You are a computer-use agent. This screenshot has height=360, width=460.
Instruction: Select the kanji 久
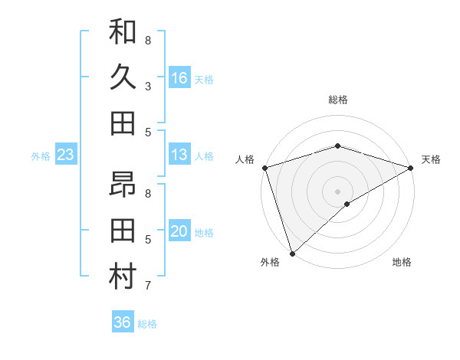123,78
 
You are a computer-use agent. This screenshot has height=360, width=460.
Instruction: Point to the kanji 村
123,277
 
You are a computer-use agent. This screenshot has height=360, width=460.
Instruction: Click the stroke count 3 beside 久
147,86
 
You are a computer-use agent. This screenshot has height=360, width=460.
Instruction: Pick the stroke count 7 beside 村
147,286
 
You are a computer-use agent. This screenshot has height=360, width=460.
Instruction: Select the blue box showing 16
179,78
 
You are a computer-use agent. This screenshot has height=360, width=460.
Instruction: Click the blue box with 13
179,155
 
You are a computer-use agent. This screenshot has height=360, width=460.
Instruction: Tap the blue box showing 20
179,231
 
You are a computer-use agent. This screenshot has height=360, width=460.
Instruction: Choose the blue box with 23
65,155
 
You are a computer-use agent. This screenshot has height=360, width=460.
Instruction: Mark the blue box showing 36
123,322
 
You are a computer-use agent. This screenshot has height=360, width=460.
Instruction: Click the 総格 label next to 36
148,324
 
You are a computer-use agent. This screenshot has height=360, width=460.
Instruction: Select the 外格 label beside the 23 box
41,156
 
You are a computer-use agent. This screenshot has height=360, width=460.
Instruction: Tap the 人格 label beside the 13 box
204,156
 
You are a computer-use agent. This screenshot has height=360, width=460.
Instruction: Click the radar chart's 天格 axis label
431,159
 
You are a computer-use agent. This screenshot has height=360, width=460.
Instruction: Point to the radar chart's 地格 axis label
402,262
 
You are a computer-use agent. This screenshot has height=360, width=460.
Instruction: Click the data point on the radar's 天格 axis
411,167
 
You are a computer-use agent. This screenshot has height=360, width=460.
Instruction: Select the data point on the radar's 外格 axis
292,254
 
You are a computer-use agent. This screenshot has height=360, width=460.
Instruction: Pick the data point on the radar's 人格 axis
264,167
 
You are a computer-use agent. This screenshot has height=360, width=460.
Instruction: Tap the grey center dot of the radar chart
337,191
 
